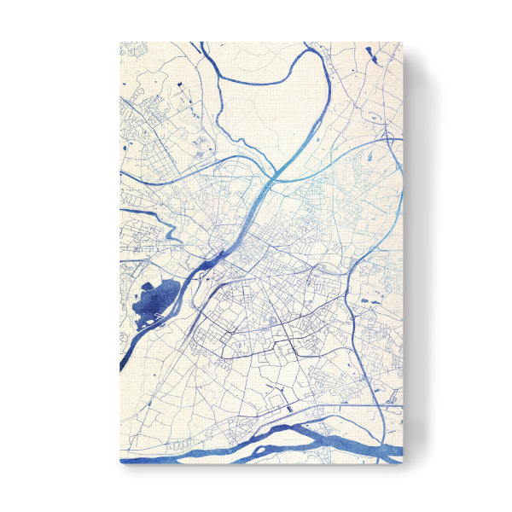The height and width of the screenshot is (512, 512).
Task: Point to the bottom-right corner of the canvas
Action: [400, 463]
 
